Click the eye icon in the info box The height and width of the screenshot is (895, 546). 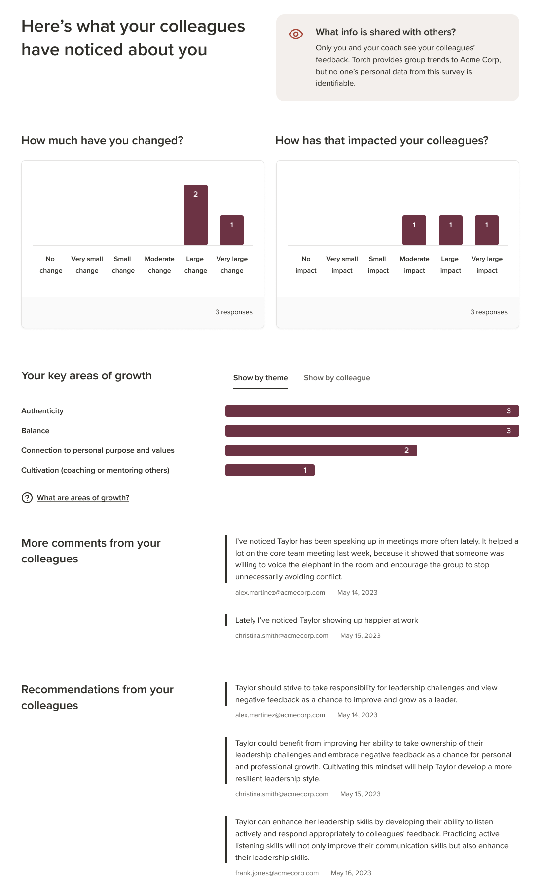[x=296, y=34]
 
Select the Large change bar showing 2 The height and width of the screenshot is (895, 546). [x=196, y=215]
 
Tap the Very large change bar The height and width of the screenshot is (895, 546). [x=232, y=230]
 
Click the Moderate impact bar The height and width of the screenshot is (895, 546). [x=414, y=230]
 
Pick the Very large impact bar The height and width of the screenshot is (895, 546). [x=487, y=230]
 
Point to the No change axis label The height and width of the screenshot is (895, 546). [x=51, y=265]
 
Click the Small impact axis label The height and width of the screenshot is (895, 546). [x=378, y=265]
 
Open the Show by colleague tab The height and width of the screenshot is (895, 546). [x=337, y=378]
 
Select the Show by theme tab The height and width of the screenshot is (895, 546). [x=260, y=378]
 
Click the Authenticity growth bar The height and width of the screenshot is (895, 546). [x=372, y=411]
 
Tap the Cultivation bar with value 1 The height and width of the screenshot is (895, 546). [x=270, y=470]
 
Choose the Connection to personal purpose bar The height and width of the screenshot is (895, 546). [x=321, y=450]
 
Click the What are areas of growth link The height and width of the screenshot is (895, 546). [x=83, y=498]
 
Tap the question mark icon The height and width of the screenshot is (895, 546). [x=27, y=498]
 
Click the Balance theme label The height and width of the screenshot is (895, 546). [x=36, y=431]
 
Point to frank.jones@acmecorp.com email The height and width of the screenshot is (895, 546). [x=277, y=873]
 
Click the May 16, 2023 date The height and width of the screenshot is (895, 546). [x=351, y=873]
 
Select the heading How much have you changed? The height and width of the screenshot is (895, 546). [x=102, y=141]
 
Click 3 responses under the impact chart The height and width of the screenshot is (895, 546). [x=489, y=312]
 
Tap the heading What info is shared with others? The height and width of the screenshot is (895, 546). [x=386, y=32]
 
